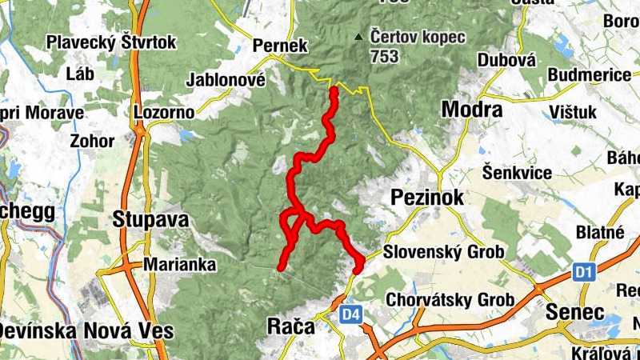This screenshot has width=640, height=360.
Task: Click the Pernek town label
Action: point(279,46)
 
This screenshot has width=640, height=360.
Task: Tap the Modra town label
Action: point(472,110)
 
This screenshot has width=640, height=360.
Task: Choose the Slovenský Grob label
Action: point(443,252)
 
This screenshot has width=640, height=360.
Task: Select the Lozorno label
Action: point(164,112)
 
